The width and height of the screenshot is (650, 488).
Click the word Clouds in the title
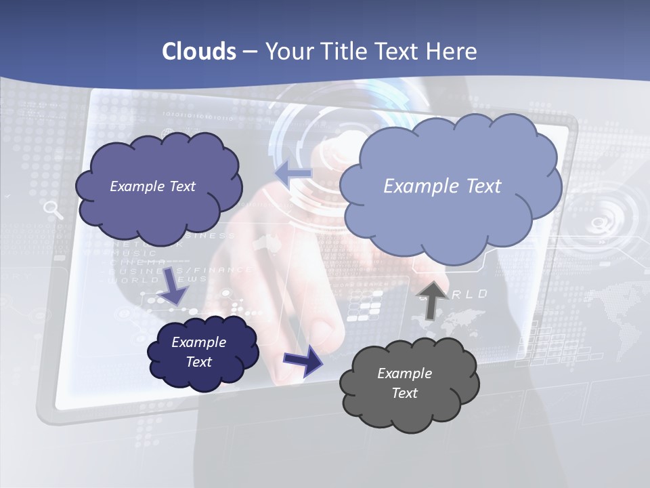(x=198, y=52)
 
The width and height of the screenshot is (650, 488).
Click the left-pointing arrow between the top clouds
(x=293, y=174)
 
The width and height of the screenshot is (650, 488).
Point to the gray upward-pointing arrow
(x=431, y=299)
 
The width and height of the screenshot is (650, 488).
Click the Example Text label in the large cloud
(x=442, y=186)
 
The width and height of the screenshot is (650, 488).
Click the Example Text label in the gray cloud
(x=404, y=383)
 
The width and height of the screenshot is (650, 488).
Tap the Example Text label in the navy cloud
(x=198, y=352)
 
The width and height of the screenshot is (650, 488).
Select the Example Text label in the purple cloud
(x=152, y=186)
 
